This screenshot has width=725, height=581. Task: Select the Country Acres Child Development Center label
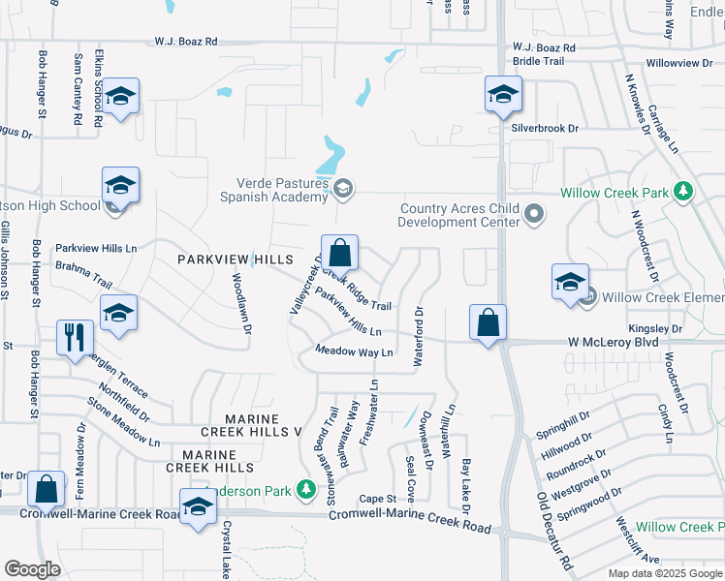click(461, 214)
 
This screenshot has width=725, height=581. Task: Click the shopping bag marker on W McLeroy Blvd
click(489, 322)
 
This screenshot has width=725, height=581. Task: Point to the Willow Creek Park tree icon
click(684, 192)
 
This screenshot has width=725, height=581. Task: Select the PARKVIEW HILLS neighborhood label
click(234, 260)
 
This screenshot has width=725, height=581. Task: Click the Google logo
click(33, 569)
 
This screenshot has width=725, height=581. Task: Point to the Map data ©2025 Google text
click(664, 573)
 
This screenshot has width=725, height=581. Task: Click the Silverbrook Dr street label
click(545, 128)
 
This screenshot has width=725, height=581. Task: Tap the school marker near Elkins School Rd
click(121, 97)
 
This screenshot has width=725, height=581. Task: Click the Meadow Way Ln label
click(354, 352)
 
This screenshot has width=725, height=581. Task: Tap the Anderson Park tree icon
click(307, 490)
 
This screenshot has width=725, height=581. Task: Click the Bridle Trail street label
click(538, 60)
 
